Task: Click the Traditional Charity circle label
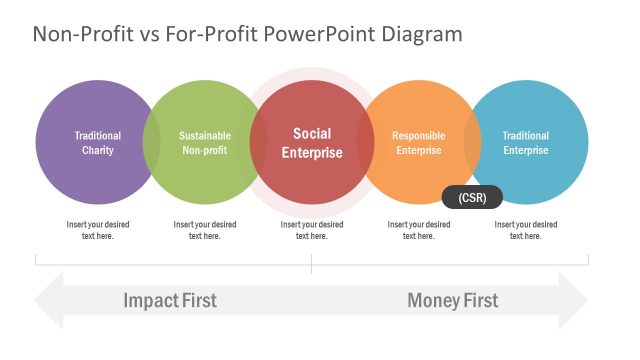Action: click(x=98, y=143)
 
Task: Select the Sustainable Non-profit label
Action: click(x=205, y=143)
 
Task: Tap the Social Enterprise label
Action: click(x=312, y=143)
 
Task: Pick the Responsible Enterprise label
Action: click(x=418, y=143)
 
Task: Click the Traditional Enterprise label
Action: click(x=525, y=143)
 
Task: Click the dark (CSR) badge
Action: click(x=472, y=197)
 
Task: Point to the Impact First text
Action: click(x=170, y=300)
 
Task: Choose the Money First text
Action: click(x=452, y=300)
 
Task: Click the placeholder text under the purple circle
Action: click(x=98, y=230)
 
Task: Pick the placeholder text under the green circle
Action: click(x=205, y=230)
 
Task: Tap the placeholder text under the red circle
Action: click(x=312, y=230)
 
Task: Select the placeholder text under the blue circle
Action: click(x=525, y=230)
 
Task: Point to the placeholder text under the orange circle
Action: click(x=418, y=230)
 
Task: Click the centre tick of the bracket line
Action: click(x=312, y=263)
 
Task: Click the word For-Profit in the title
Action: click(x=219, y=34)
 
